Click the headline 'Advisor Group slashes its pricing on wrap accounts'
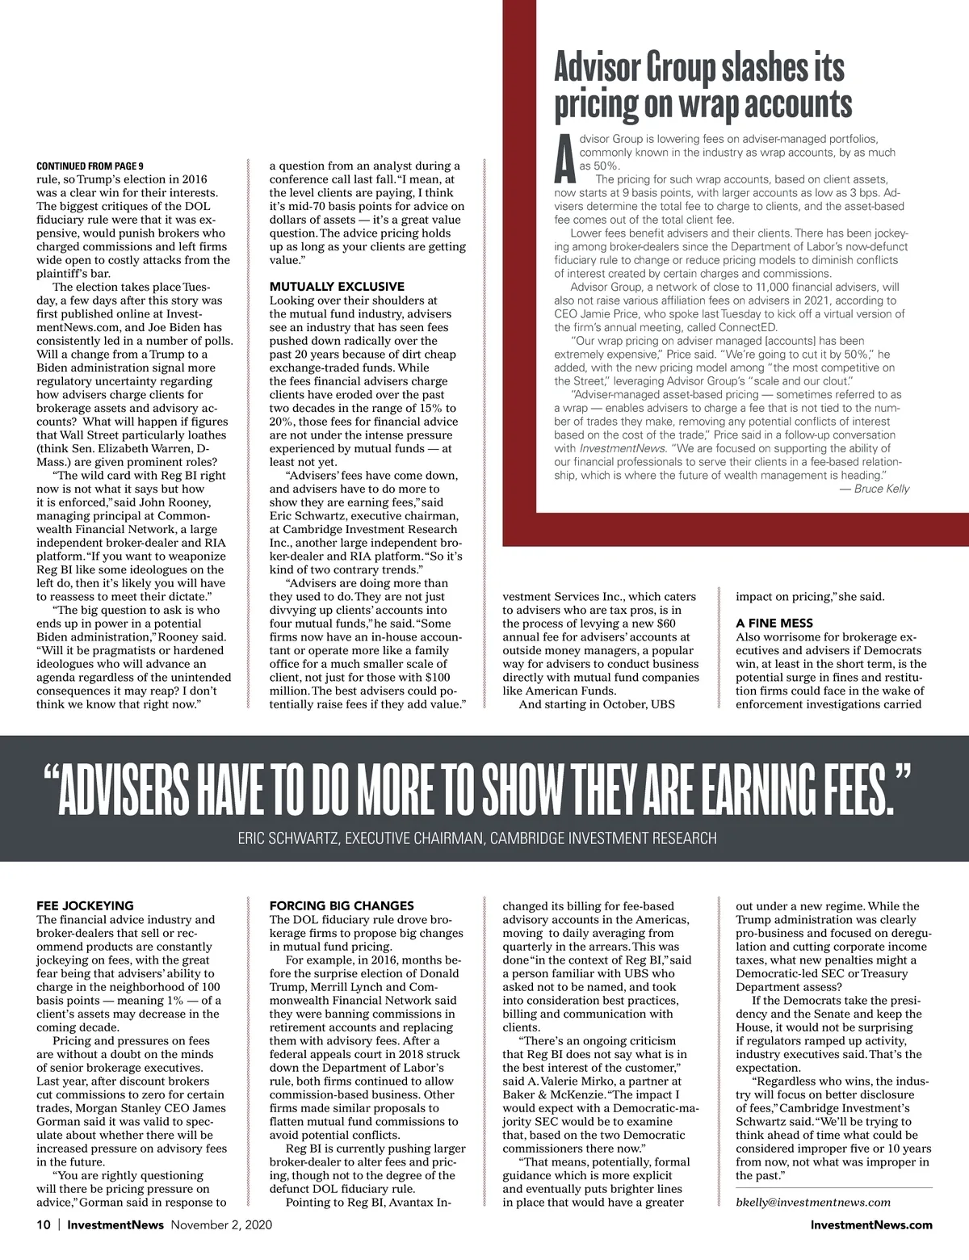pos(703,86)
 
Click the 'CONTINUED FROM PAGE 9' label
pos(90,166)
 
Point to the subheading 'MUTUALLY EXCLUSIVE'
pos(337,287)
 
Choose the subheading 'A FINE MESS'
pos(774,624)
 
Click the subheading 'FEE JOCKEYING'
pos(85,905)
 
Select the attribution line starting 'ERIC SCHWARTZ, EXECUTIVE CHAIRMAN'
pos(476,838)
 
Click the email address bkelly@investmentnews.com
pos(813,1202)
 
